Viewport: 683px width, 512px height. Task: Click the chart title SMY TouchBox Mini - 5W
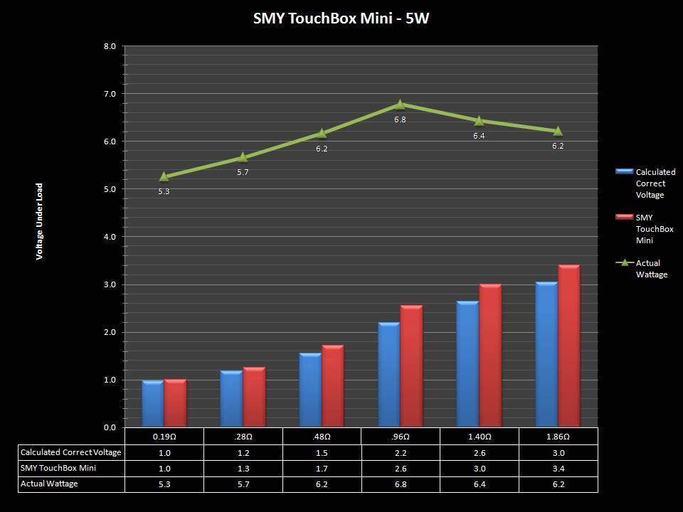point(341,18)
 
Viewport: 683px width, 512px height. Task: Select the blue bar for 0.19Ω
point(152,404)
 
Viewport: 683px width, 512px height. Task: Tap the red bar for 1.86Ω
point(568,346)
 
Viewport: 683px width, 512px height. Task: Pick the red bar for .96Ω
point(411,366)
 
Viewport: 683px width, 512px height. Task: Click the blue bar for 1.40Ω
point(467,364)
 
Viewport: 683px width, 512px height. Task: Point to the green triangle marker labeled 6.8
point(401,105)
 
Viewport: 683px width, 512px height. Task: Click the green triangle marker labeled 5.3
point(164,176)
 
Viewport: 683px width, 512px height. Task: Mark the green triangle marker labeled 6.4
point(479,121)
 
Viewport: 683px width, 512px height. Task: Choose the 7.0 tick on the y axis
point(110,94)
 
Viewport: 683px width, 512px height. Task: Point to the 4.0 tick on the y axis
point(110,237)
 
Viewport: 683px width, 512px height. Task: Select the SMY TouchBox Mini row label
point(58,468)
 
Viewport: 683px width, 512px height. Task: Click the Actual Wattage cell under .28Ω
point(243,484)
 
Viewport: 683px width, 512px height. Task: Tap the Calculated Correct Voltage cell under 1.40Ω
point(479,452)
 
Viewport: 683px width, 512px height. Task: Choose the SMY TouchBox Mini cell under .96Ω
point(401,468)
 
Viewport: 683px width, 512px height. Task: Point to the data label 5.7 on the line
point(243,172)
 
